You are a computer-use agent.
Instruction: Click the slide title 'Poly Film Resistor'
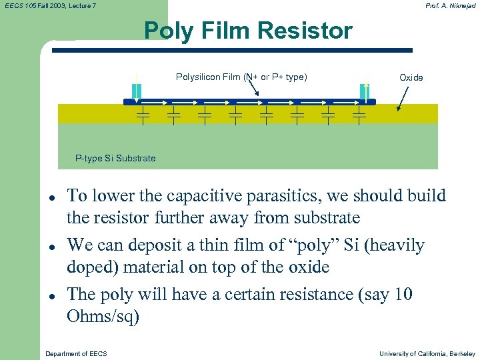pyautogui.click(x=248, y=31)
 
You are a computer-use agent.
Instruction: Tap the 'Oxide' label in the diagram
pyautogui.click(x=411, y=78)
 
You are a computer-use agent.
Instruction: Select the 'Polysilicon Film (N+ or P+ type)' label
pyautogui.click(x=241, y=77)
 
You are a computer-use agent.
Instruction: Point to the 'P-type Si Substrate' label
pyautogui.click(x=115, y=158)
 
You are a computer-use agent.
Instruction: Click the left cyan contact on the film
pyautogui.click(x=136, y=91)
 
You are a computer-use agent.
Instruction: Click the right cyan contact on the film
pyautogui.click(x=363, y=91)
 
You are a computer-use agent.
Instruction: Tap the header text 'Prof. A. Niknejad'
pyautogui.click(x=451, y=5)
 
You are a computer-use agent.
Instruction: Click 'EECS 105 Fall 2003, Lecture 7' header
pyautogui.click(x=49, y=5)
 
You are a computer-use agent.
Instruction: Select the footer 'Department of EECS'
pyautogui.click(x=75, y=353)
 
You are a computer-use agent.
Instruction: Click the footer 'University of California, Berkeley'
pyautogui.click(x=427, y=353)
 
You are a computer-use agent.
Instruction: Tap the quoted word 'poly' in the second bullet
pyautogui.click(x=317, y=245)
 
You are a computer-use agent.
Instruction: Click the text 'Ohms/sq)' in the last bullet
pyautogui.click(x=103, y=316)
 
